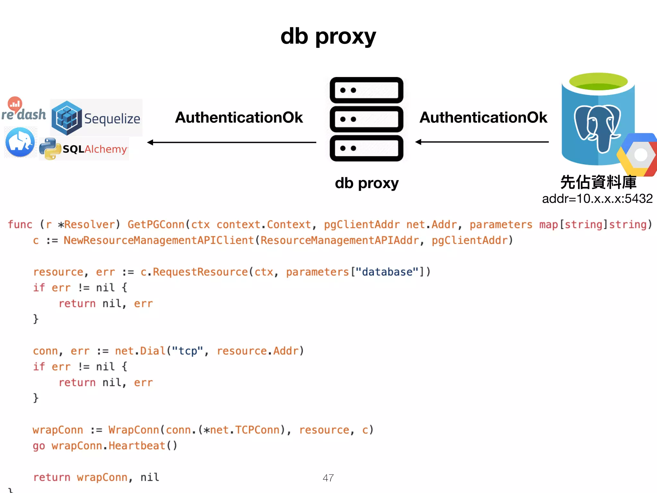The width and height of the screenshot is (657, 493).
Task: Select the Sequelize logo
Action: point(96,118)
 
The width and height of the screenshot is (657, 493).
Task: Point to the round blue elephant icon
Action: point(20,142)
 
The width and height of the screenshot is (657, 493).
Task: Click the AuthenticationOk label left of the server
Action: point(239,117)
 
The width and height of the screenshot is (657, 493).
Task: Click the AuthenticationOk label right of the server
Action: point(483,117)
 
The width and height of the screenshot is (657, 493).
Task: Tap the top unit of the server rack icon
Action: point(366,90)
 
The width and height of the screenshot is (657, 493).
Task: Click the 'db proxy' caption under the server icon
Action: point(367,183)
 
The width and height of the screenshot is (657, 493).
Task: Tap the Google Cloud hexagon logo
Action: point(638,155)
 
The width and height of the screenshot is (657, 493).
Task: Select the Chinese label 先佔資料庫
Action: point(598,182)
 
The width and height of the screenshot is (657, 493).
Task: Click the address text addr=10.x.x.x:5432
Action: point(597,199)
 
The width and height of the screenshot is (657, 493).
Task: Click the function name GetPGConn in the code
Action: point(156,224)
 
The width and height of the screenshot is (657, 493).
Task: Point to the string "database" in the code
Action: point(387,272)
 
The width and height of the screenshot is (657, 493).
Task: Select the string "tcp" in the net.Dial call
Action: point(187,351)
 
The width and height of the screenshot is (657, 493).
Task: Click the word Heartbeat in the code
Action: point(137,445)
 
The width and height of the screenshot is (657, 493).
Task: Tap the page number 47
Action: point(328,478)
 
